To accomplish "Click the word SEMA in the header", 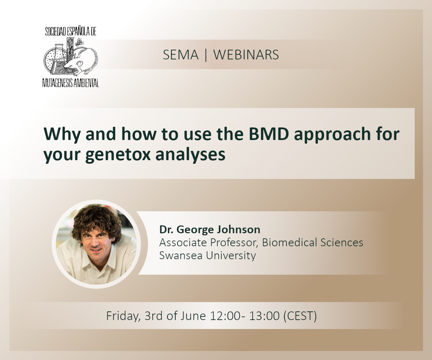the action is [x=181, y=55].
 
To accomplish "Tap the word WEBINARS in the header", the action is [x=246, y=55].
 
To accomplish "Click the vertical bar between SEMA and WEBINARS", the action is [x=206, y=55].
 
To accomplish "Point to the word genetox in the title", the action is [x=118, y=154].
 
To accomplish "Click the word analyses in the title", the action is [x=190, y=154].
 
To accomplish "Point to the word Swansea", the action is [x=181, y=255].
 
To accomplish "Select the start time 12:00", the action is [x=225, y=316].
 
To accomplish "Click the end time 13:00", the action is [x=264, y=316].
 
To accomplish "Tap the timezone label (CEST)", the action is [x=300, y=316].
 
